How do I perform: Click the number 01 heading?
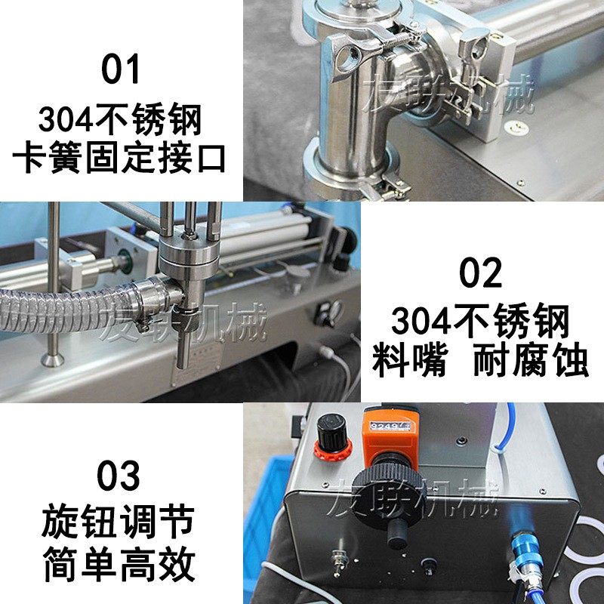[x=121, y=69]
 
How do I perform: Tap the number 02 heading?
[x=481, y=273]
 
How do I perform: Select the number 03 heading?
[x=120, y=476]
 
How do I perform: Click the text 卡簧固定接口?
[x=121, y=159]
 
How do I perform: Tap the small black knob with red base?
[x=330, y=437]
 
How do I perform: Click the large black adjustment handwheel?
[x=390, y=491]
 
